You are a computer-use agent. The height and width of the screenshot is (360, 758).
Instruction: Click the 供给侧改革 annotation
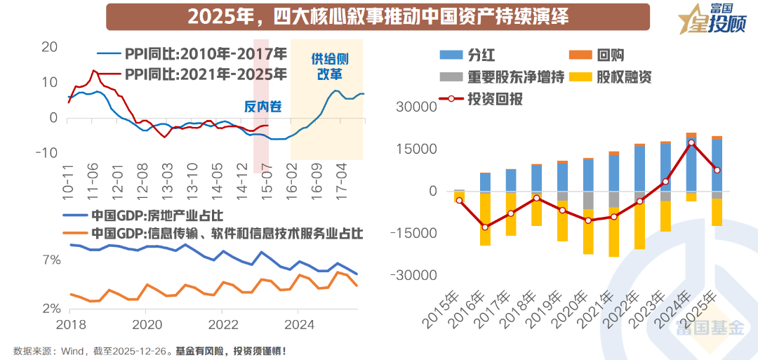tap(329, 66)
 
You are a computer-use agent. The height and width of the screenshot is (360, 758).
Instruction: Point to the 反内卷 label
tap(263, 107)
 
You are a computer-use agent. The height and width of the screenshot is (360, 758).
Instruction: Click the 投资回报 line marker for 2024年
tap(691, 142)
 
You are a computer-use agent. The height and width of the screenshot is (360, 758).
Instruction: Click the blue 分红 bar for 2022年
tap(639, 168)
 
